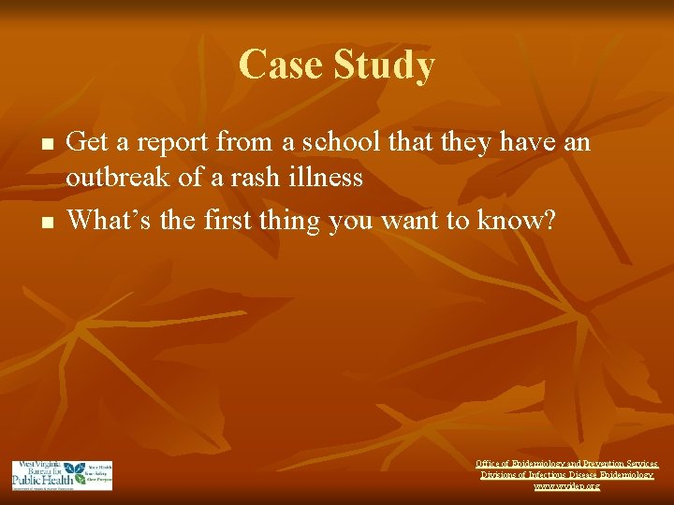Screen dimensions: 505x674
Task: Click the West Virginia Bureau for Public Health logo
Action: pos(62,475)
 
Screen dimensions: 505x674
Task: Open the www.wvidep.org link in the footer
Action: pos(567,486)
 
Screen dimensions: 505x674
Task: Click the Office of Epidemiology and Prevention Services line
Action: pos(567,463)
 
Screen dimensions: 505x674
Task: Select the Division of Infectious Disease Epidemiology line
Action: pos(567,475)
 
